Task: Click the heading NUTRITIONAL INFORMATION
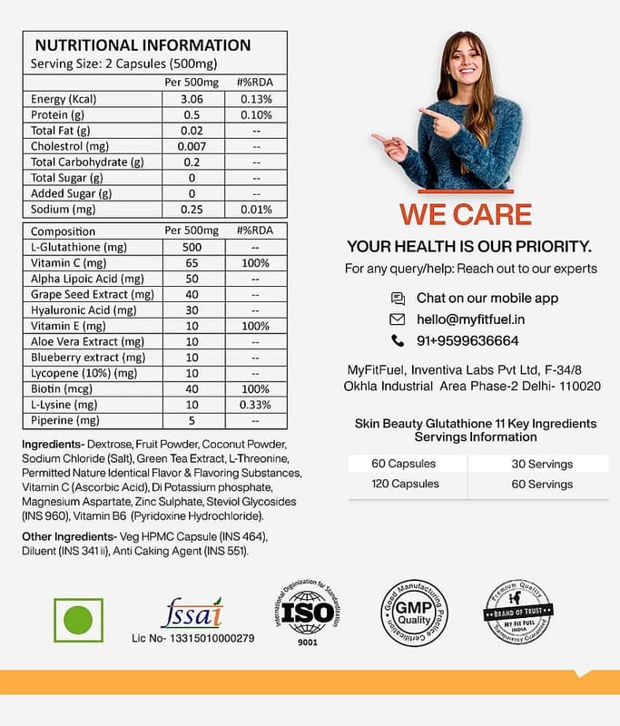[x=143, y=45]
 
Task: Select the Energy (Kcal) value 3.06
[x=192, y=99]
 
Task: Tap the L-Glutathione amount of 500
[x=192, y=247]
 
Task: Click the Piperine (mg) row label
[x=64, y=420]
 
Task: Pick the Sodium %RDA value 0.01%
[x=256, y=210]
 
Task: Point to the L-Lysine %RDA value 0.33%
[x=256, y=404]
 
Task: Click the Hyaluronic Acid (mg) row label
[x=83, y=309]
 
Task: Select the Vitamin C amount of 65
[x=192, y=262]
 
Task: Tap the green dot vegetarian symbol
[x=78, y=620]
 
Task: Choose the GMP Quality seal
[x=414, y=613]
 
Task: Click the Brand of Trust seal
[x=518, y=613]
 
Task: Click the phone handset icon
[x=397, y=341]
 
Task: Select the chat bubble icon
[x=398, y=298]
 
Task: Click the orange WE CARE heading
[x=467, y=215]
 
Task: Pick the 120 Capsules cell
[x=405, y=484]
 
